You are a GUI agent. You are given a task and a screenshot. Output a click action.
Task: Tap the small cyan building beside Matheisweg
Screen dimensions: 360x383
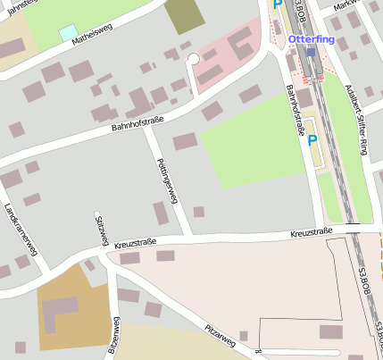(x=68, y=33)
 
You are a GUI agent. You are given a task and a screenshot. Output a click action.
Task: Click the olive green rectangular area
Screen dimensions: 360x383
(x=184, y=16)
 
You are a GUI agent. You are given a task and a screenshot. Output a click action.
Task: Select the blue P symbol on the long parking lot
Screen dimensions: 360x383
(x=312, y=140)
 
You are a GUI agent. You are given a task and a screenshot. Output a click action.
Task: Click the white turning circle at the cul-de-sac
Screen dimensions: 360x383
(x=193, y=59)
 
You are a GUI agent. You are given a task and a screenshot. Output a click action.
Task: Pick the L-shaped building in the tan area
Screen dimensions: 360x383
(x=62, y=311)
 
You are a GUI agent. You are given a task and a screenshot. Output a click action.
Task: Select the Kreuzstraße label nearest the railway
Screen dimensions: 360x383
(x=311, y=232)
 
